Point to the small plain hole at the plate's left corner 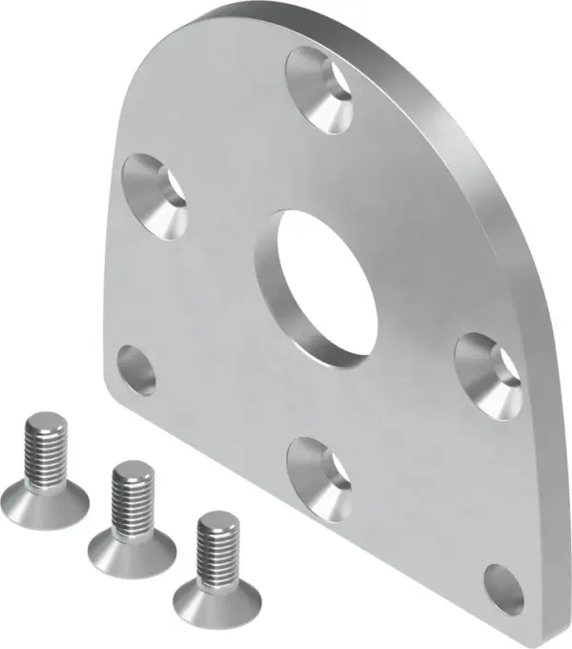point(136,370)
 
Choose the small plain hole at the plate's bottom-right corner point(503,589)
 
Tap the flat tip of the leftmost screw point(45,420)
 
